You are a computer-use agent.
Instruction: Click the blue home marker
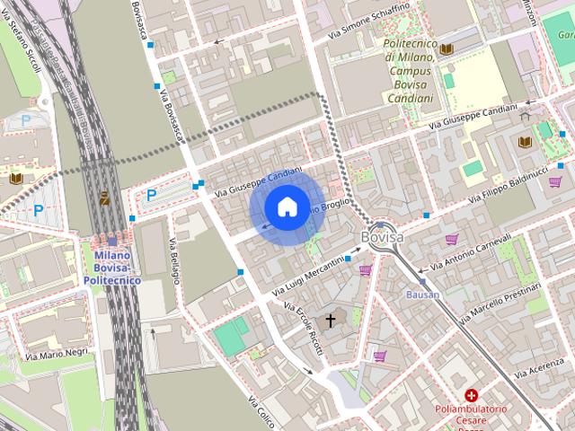[287, 207]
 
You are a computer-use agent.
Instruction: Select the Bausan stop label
[423, 295]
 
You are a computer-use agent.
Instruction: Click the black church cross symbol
[330, 320]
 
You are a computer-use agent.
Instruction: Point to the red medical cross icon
[472, 395]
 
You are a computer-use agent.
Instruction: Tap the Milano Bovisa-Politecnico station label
[112, 268]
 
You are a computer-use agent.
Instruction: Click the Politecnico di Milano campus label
[410, 62]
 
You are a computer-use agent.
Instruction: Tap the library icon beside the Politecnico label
[446, 48]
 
